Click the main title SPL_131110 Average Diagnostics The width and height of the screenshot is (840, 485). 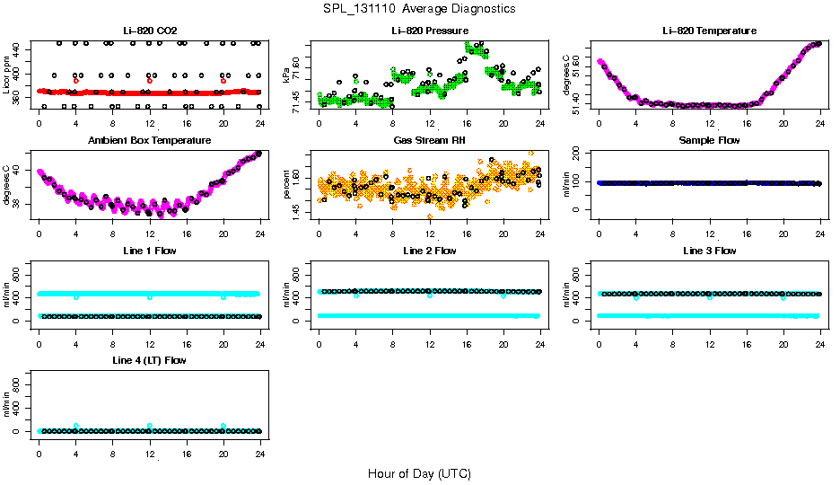tap(420, 8)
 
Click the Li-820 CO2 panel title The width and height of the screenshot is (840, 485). tap(149, 31)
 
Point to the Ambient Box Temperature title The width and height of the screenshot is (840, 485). tap(149, 140)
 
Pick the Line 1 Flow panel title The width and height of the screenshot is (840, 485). tap(149, 251)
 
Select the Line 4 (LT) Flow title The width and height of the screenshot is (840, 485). tap(149, 360)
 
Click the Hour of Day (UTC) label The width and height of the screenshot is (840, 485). tap(419, 472)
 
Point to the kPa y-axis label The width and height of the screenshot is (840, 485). tap(286, 75)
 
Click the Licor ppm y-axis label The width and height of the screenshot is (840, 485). tap(7, 75)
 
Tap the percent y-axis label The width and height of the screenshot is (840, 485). tap(286, 185)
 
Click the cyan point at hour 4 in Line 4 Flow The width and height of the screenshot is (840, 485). tap(76, 426)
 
